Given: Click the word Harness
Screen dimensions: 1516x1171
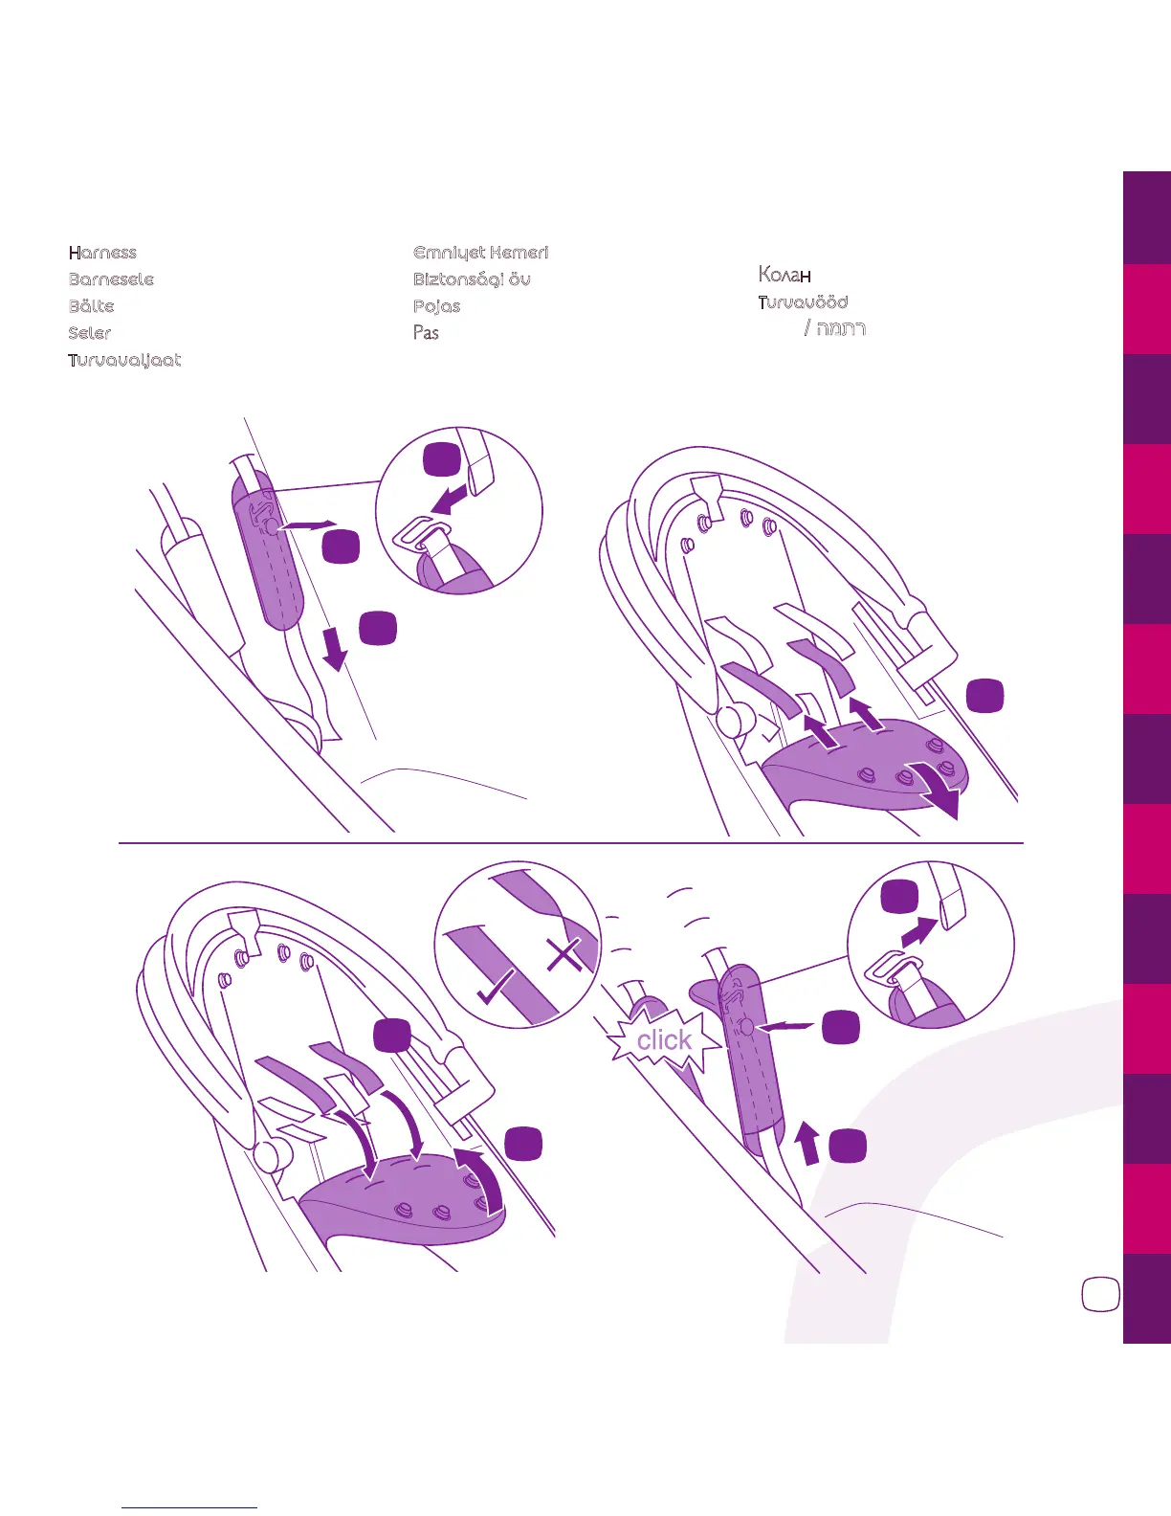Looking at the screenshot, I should tap(102, 253).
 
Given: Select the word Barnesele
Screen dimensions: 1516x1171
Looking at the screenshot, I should tap(111, 279).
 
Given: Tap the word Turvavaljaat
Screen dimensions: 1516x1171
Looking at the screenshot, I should tap(124, 360).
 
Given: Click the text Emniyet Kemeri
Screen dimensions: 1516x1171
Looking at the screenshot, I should tap(480, 253).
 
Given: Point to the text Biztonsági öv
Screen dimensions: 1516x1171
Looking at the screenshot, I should tap(472, 279).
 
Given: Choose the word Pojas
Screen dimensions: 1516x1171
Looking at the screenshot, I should tap(436, 306).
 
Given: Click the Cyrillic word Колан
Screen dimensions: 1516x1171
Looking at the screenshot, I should tap(784, 275).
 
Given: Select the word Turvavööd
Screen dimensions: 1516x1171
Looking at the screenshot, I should tap(803, 302).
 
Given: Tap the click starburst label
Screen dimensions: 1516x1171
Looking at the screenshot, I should tap(664, 1040).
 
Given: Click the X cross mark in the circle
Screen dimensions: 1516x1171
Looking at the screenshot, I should tap(564, 954).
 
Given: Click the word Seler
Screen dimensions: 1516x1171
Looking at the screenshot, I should tap(90, 333).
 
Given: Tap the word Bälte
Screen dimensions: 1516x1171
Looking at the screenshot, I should tap(91, 306).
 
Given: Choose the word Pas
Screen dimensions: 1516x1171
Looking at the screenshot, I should tap(426, 333).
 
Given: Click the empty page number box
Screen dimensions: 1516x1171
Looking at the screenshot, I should tap(1100, 1294).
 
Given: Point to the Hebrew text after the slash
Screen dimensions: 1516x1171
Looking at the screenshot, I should tap(841, 329).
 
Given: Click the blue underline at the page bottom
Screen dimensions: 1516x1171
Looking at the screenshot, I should tap(189, 1507).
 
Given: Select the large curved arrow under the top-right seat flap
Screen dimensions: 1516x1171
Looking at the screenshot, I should tap(938, 790).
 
